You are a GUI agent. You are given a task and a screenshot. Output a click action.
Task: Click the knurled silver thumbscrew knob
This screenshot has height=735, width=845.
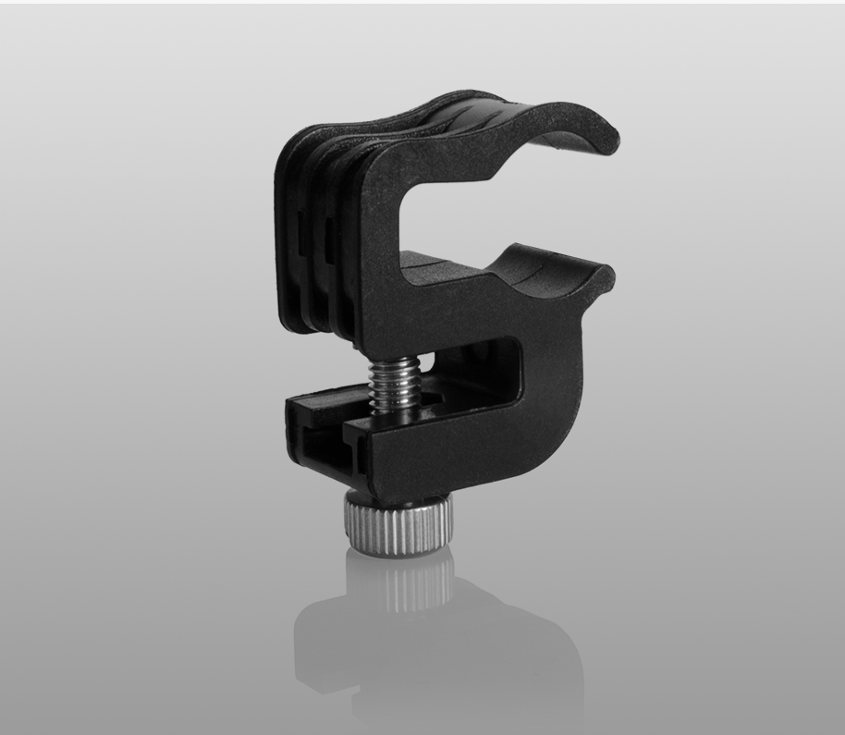[398, 524]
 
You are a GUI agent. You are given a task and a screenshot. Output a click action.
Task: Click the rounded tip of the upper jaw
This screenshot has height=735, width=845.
[606, 139]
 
